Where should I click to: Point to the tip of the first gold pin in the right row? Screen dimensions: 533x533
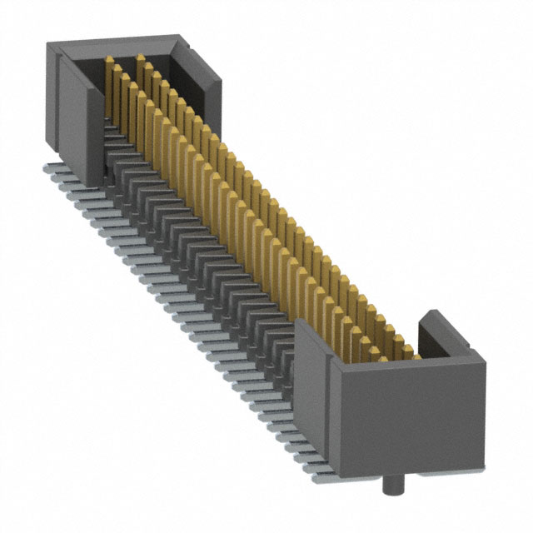[x=140, y=58]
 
